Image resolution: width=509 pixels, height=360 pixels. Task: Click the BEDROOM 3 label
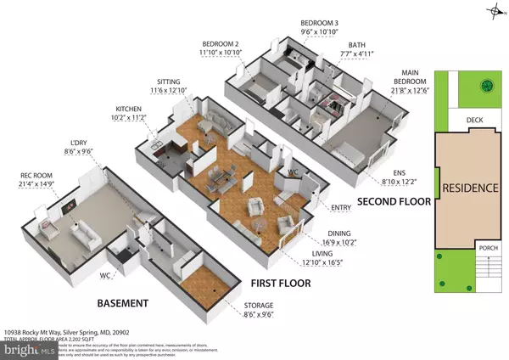pos(319,23)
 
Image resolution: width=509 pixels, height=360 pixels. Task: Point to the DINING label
pos(306,229)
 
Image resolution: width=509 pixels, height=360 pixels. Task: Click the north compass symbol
pos(495,11)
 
